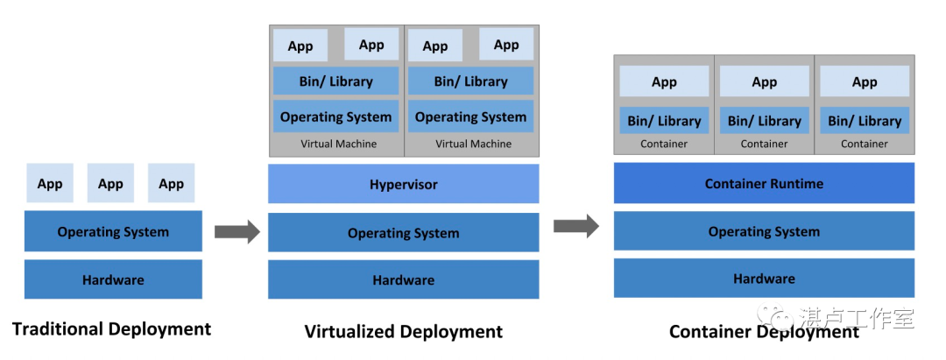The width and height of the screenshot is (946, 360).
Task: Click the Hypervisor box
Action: coord(403,184)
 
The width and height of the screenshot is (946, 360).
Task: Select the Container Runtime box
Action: coord(764,184)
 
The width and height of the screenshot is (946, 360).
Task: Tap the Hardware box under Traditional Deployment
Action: coord(113,279)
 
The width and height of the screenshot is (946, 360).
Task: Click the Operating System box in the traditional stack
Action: coord(113,231)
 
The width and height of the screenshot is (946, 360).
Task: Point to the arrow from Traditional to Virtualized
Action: coord(236,231)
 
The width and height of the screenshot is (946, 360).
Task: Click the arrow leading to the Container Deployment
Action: coord(575,227)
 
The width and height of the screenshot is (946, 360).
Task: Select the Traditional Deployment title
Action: coord(111,329)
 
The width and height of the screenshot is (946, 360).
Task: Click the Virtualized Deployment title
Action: coord(403,331)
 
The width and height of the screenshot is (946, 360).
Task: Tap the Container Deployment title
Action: coord(764,332)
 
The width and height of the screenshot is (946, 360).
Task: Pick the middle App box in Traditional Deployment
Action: coord(110,183)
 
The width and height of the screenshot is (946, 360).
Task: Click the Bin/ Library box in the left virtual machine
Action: coord(335,81)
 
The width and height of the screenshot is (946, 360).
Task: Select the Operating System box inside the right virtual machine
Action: coord(470,116)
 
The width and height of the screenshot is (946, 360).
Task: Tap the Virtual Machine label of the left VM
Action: coord(338,144)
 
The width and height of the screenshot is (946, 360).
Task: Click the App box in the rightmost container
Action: coord(864,81)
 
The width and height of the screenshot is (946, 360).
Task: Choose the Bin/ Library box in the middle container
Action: coord(764,121)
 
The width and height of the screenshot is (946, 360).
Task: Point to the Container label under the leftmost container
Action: coord(664,144)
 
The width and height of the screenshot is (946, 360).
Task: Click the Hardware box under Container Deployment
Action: coord(764,279)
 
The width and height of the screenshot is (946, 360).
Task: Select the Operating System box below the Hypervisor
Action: coord(403,233)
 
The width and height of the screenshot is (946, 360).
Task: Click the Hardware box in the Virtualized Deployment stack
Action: coord(403,280)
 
